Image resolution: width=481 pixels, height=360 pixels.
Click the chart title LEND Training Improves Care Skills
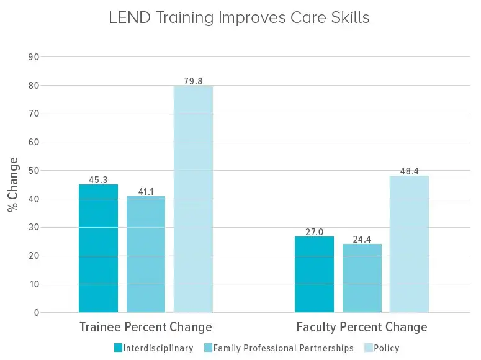tap(239, 18)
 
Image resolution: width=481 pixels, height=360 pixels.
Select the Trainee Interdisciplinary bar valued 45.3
tap(98, 248)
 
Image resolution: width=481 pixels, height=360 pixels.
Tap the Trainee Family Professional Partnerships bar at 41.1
tap(146, 254)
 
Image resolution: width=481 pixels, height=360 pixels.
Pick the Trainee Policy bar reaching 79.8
tap(193, 199)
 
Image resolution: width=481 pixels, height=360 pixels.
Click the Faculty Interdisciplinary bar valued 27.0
tap(314, 274)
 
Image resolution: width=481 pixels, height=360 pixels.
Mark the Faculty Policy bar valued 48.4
tap(409, 244)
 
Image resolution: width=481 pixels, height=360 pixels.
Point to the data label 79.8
tap(193, 81)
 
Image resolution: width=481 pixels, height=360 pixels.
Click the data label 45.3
tap(98, 179)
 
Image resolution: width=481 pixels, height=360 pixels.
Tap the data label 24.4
tap(362, 238)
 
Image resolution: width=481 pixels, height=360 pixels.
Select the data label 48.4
tap(409, 170)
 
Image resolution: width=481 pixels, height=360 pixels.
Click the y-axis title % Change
tap(13, 185)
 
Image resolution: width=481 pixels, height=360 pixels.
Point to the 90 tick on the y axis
tap(34, 57)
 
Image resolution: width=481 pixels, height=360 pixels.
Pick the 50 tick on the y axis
tap(34, 171)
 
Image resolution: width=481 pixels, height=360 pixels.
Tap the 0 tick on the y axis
tap(36, 313)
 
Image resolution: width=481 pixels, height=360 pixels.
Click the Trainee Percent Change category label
tap(146, 327)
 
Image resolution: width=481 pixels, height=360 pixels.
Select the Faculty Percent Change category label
tap(362, 327)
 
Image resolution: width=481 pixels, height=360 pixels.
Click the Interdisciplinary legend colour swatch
tap(117, 348)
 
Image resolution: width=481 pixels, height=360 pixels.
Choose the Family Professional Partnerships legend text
tap(283, 348)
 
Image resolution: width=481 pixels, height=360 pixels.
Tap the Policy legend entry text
tap(387, 348)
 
